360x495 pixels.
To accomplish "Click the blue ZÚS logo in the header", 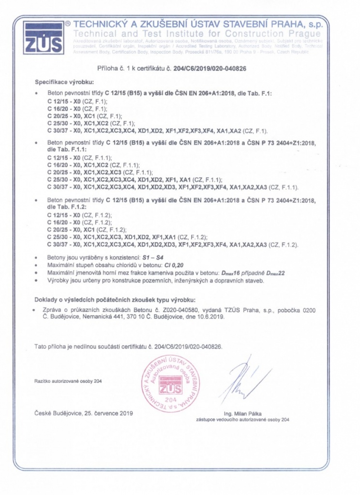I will coord(43,37).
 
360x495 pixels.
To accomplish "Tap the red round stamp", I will coord(170,383).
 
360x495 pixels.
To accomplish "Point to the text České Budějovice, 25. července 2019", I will coord(84,413).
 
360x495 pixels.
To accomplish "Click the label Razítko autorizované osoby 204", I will coord(68,381).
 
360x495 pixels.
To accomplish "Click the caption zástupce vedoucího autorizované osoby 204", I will coord(242,420).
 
